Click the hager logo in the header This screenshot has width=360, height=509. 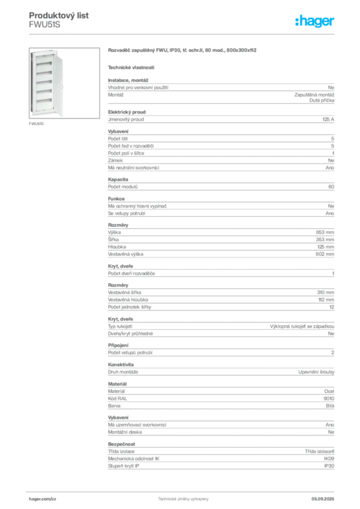pyautogui.click(x=314, y=21)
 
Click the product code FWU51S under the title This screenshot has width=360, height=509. pyautogui.click(x=44, y=25)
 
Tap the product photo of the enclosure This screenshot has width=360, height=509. pyautogui.click(x=64, y=83)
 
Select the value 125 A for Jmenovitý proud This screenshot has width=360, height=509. pyautogui.click(x=328, y=119)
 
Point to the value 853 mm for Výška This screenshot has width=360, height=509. pyautogui.click(x=325, y=233)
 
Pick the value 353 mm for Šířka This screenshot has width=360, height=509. pyautogui.click(x=325, y=240)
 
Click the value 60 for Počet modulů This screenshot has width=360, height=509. pyautogui.click(x=331, y=187)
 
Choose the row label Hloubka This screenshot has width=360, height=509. pyautogui.click(x=117, y=247)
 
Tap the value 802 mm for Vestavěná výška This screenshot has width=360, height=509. pyautogui.click(x=325, y=254)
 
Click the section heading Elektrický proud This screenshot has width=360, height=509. pyautogui.click(x=127, y=112)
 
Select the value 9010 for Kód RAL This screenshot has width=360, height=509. pyautogui.click(x=329, y=399)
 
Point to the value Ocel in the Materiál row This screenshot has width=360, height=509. pyautogui.click(x=329, y=392)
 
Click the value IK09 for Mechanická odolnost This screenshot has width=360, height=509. pyautogui.click(x=329, y=459)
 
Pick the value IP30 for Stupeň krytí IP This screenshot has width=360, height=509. pyautogui.click(x=329, y=466)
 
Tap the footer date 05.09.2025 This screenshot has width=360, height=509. pyautogui.click(x=323, y=499)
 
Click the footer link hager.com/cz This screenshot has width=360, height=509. pyautogui.click(x=43, y=499)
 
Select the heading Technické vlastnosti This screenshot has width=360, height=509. pyautogui.click(x=131, y=68)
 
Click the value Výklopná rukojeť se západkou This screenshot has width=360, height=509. pyautogui.click(x=302, y=326)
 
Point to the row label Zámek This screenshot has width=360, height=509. pyautogui.click(x=115, y=161)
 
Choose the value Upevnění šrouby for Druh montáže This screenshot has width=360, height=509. pyautogui.click(x=316, y=372)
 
